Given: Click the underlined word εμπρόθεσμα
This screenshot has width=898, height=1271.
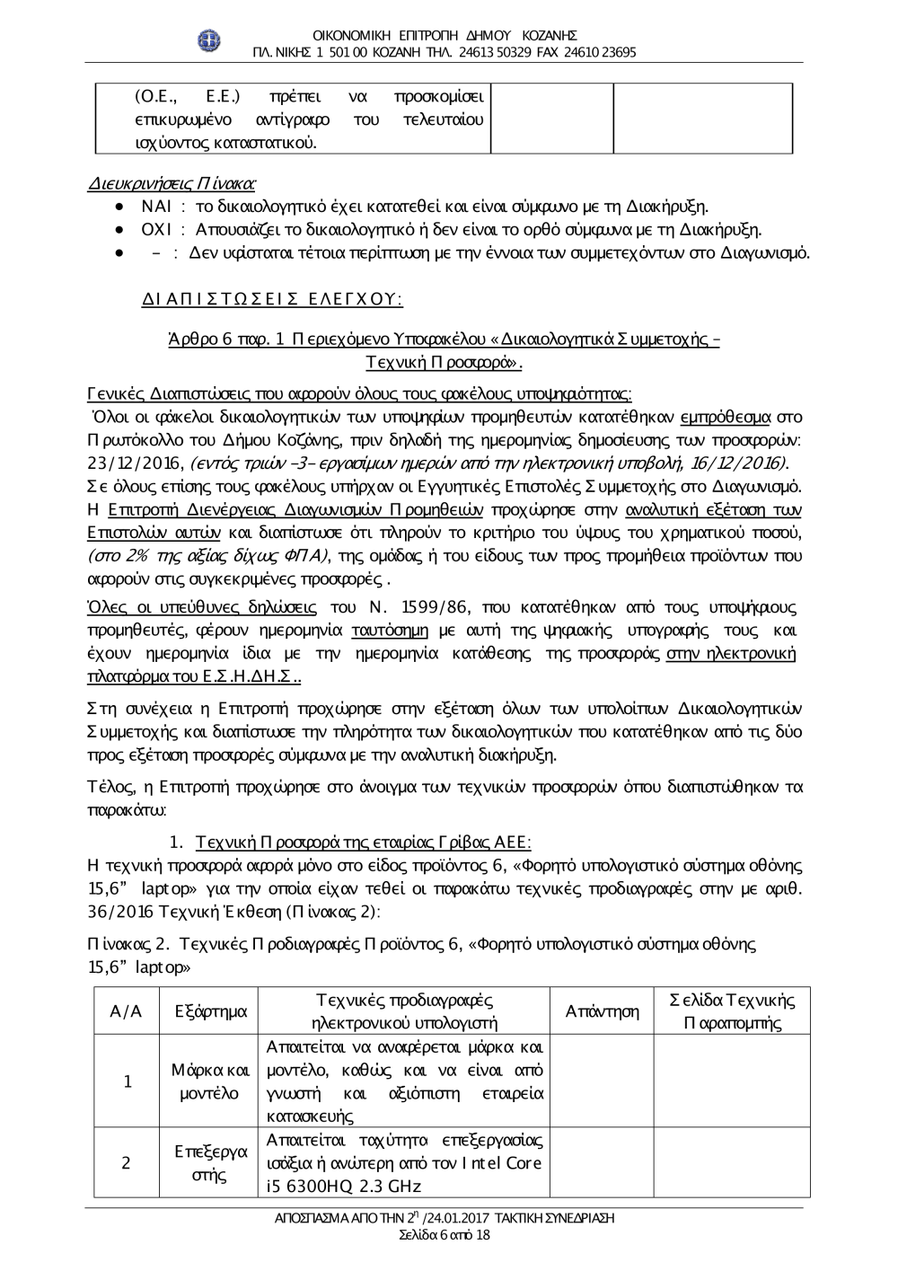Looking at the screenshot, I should pos(726,417).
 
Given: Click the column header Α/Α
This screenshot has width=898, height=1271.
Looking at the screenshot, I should pos(126,1011).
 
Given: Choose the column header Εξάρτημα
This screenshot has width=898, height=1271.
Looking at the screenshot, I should pos(211,1011).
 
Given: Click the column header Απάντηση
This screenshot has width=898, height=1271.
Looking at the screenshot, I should pos(602,1011).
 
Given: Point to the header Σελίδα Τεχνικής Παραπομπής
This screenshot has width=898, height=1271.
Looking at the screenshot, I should pos(733,1011).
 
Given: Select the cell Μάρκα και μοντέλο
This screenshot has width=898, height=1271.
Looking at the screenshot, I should pos(211,1081).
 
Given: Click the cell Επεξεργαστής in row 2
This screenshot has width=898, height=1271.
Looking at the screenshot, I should pos(211,1163).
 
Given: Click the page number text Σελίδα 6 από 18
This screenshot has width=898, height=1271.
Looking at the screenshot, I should pos(445,1235).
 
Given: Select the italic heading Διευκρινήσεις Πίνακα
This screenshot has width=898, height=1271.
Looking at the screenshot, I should pos(171,184).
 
